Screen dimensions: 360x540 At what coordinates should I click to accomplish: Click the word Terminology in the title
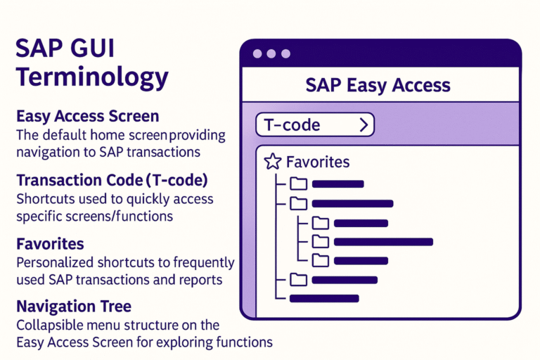92,76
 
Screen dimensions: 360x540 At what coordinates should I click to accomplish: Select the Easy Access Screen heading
87,115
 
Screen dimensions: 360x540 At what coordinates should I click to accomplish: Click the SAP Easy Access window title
378,85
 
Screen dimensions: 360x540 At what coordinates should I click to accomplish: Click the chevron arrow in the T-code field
364,125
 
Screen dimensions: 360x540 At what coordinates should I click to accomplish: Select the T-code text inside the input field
292,125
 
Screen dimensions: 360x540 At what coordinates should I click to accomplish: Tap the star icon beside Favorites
272,162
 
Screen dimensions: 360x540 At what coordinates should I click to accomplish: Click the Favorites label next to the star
317,162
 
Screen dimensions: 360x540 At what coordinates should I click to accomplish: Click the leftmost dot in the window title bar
257,53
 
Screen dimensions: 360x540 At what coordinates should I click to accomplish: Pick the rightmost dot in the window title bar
285,53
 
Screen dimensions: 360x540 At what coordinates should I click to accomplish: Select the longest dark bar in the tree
383,242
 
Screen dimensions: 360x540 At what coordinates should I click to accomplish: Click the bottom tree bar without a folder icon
324,298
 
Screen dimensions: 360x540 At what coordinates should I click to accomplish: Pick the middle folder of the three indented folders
321,242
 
